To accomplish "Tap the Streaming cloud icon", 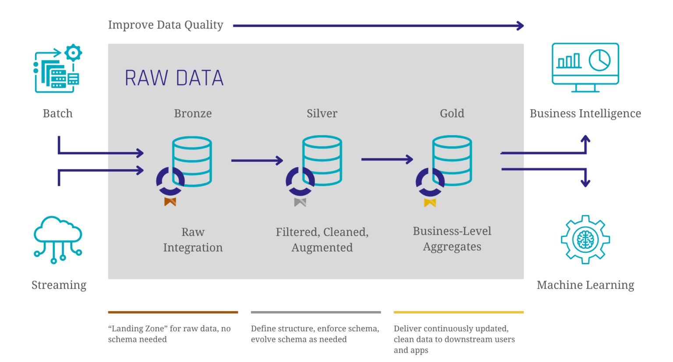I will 57,239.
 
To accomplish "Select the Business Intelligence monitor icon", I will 585,67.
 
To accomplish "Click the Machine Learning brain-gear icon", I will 585,239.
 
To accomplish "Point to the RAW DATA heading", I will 174,78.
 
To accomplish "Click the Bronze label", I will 193,113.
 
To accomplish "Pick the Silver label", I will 322,113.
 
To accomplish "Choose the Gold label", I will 452,113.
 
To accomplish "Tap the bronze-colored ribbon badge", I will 170,202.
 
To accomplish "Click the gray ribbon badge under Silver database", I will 300,202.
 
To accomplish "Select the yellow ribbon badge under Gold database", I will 430,203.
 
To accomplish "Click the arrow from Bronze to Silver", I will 257,161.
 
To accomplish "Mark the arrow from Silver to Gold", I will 387,159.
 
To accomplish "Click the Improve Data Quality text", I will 166,25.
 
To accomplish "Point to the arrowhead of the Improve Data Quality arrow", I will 521,26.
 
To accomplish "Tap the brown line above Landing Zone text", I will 173,312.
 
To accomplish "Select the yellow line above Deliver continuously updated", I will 458,312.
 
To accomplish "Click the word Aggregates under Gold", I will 452,247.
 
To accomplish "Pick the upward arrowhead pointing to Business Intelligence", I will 585,140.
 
